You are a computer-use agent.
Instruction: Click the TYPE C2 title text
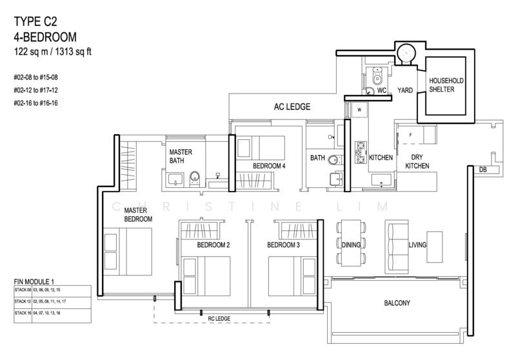pyautogui.click(x=35, y=22)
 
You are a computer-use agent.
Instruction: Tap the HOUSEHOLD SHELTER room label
pyautogui.click(x=446, y=85)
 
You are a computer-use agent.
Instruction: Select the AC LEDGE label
pyautogui.click(x=292, y=106)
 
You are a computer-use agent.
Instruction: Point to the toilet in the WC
pyautogui.click(x=377, y=76)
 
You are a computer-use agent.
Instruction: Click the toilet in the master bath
pyautogui.click(x=195, y=179)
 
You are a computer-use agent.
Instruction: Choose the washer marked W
pyautogui.click(x=359, y=110)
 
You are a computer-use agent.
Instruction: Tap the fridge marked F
pyautogui.click(x=410, y=135)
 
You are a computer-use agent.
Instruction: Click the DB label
pyautogui.click(x=482, y=170)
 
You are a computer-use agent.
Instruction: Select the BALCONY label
pyautogui.click(x=397, y=303)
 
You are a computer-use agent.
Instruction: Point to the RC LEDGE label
pyautogui.click(x=219, y=319)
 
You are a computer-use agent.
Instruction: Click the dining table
pyautogui.click(x=351, y=243)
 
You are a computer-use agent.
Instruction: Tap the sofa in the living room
pyautogui.click(x=397, y=247)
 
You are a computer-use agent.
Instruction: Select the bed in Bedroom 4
pyautogui.click(x=261, y=148)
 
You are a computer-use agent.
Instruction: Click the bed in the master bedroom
pyautogui.click(x=128, y=252)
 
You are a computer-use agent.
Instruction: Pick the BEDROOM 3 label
pyautogui.click(x=283, y=245)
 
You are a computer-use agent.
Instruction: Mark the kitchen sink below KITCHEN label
pyautogui.click(x=381, y=181)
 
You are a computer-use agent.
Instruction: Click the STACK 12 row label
pyautogui.click(x=23, y=301)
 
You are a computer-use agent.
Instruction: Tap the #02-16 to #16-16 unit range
pyautogui.click(x=35, y=103)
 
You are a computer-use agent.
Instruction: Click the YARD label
pyautogui.click(x=405, y=90)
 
